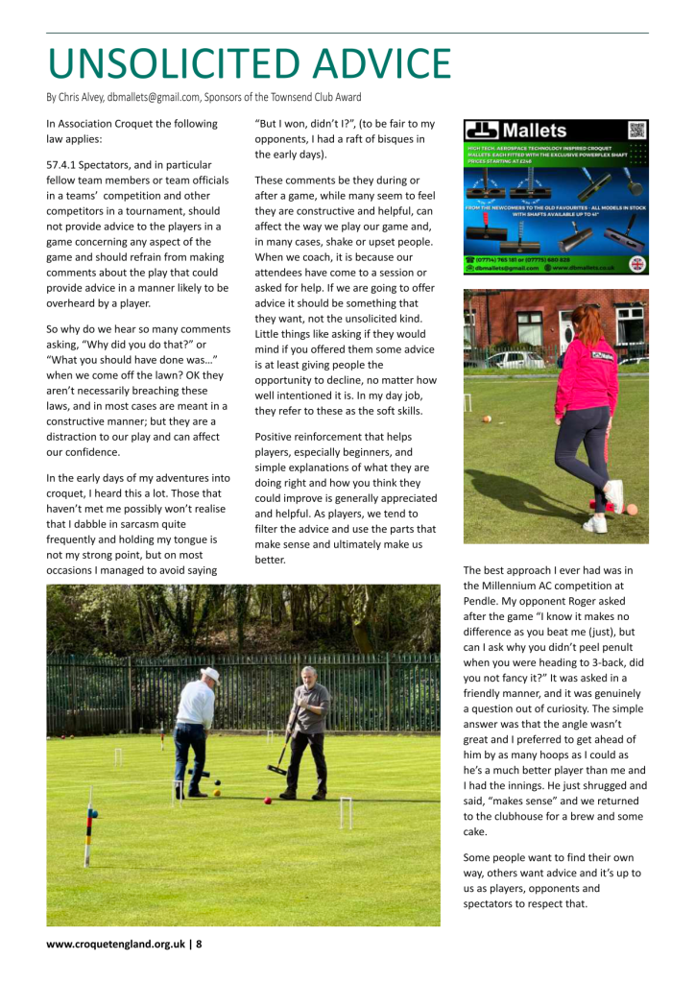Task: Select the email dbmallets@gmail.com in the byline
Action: click(x=152, y=97)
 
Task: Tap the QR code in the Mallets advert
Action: click(x=636, y=131)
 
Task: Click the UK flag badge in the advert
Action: click(x=636, y=264)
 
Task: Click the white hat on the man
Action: click(x=210, y=675)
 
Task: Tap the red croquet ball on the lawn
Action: click(x=267, y=800)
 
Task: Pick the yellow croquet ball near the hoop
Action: click(x=218, y=793)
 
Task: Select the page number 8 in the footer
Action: click(x=199, y=944)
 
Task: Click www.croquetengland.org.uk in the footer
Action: click(x=115, y=944)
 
